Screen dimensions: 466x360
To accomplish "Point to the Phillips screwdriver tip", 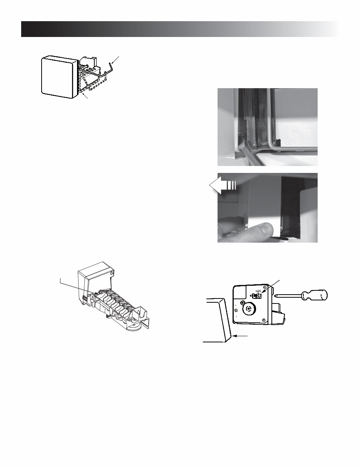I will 277,296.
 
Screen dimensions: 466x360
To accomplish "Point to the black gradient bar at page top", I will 179,29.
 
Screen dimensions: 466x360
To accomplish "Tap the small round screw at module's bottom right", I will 263,320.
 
